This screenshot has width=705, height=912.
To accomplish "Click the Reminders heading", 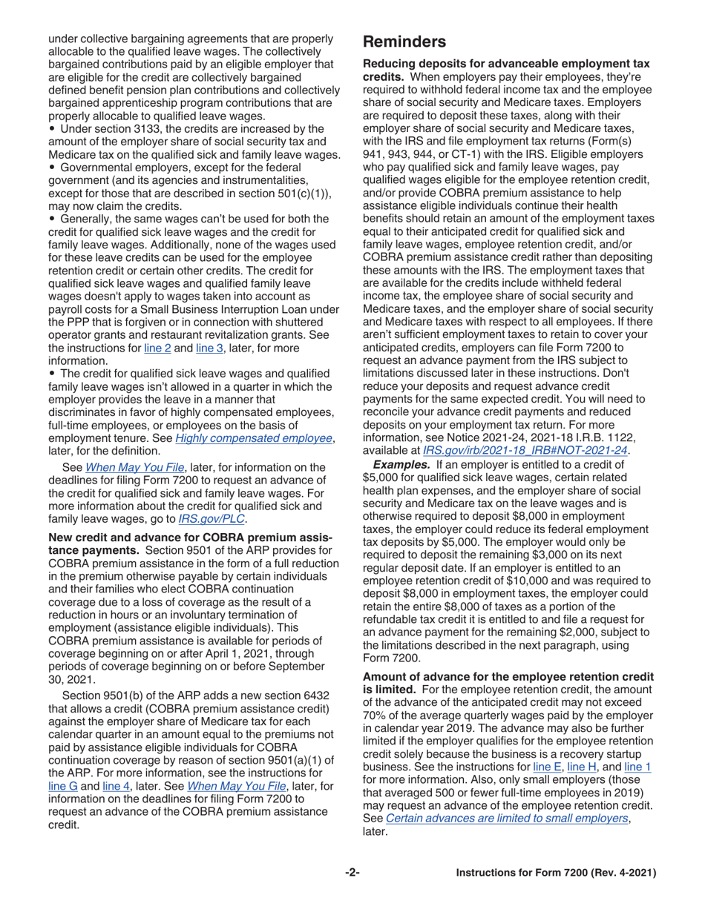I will (404, 42).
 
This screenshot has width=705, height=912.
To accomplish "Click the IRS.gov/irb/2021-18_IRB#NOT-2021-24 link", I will (525, 450).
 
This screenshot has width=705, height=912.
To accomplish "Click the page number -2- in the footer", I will (352, 873).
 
